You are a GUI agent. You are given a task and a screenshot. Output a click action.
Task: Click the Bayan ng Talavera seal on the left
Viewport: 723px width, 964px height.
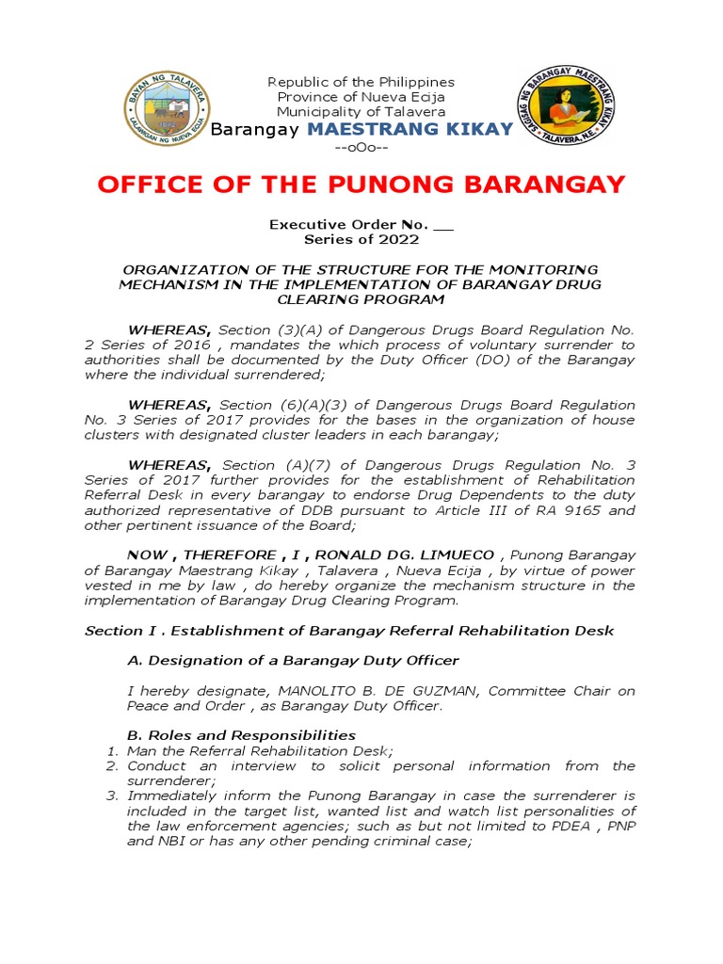[168, 108]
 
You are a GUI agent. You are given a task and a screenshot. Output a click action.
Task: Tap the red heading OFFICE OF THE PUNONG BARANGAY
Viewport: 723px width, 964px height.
[361, 185]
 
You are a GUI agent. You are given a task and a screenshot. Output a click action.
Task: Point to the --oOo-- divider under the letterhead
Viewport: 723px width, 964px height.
[361, 149]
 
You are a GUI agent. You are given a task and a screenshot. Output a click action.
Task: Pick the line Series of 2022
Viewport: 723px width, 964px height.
[361, 240]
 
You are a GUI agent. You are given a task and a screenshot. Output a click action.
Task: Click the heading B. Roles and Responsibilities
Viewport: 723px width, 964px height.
[241, 735]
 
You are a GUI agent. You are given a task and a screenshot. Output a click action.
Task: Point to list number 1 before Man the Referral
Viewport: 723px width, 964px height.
[110, 751]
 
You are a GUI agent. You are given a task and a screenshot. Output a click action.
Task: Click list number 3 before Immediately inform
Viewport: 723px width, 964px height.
[110, 796]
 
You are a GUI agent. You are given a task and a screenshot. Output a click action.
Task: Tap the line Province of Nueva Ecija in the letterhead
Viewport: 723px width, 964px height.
[361, 97]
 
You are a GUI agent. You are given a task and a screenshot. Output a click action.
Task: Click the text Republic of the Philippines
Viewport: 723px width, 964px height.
[361, 83]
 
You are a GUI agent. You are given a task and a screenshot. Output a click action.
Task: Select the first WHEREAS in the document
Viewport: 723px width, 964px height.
[169, 330]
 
